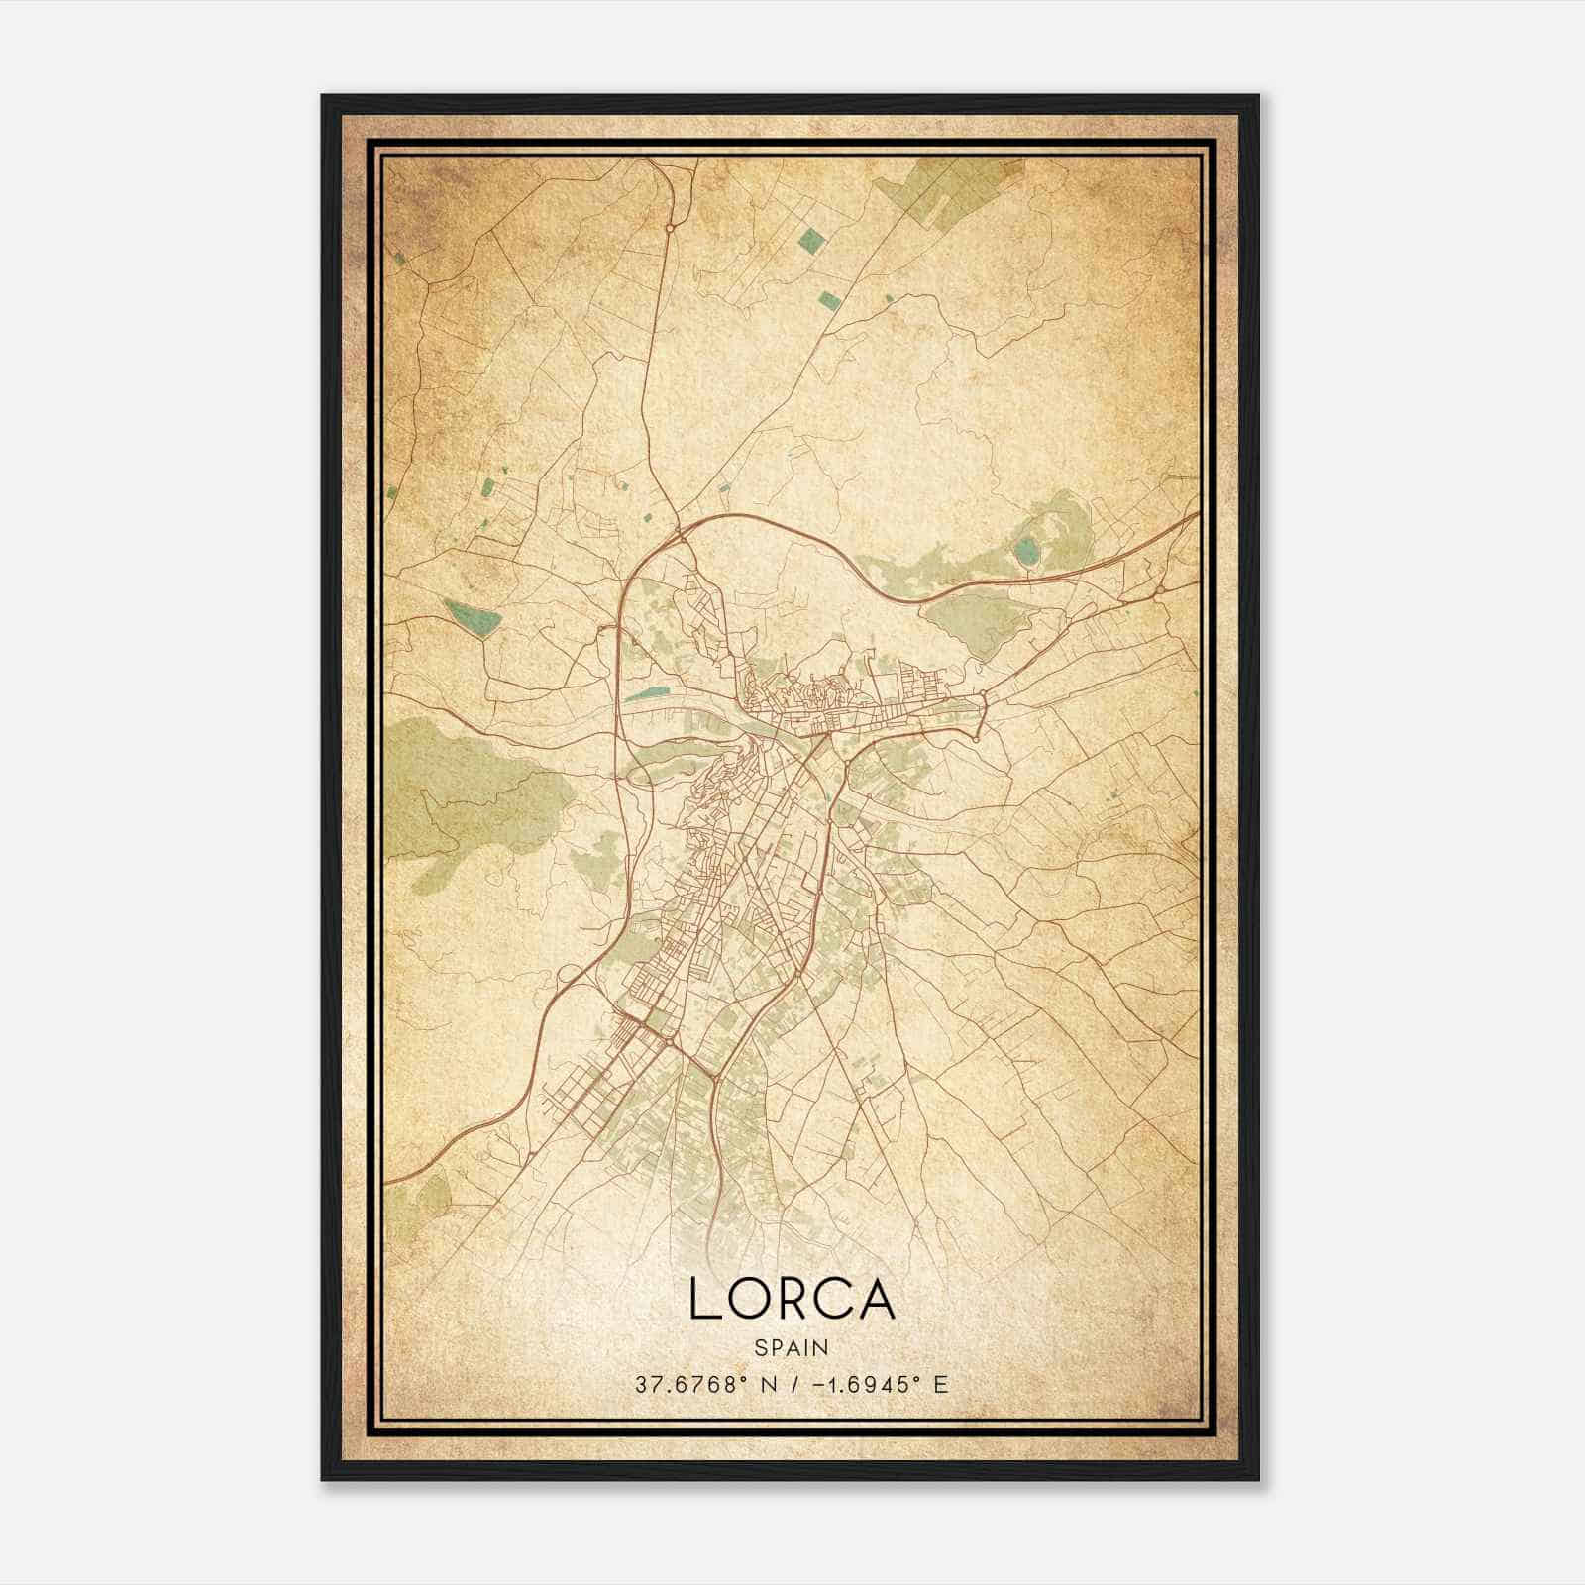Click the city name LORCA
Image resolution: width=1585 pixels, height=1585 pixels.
[792, 1300]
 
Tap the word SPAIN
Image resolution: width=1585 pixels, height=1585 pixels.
[792, 1347]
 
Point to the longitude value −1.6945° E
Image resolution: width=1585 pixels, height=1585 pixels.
[876, 1384]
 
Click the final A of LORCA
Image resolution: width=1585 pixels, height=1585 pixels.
[878, 1300]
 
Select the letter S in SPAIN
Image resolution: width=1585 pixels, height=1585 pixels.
[760, 1347]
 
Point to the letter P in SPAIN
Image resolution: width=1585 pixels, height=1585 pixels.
[776, 1347]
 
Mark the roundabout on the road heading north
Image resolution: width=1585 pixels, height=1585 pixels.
[670, 228]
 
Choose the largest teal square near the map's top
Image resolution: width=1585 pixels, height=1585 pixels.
[812, 239]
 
